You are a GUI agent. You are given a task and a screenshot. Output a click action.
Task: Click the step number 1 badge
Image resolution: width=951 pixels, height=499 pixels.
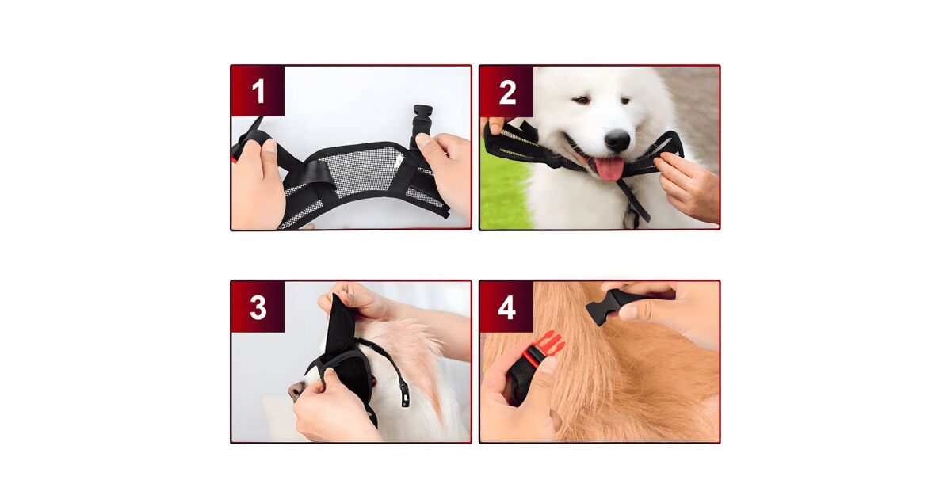pyautogui.click(x=258, y=91)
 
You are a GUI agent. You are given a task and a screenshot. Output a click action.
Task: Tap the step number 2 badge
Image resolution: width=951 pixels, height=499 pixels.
pyautogui.click(x=507, y=91)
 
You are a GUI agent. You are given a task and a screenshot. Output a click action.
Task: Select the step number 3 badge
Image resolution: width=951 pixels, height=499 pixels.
pyautogui.click(x=258, y=307)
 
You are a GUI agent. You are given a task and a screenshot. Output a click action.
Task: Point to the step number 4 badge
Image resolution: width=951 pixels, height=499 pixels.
pyautogui.click(x=506, y=307)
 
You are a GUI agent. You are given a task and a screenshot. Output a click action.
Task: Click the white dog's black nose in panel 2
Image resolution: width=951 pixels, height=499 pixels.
pyautogui.click(x=617, y=140)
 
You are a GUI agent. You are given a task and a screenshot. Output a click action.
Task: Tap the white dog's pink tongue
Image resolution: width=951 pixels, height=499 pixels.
pyautogui.click(x=610, y=168)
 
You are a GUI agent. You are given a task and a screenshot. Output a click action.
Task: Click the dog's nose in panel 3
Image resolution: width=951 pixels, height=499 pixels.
pyautogui.click(x=295, y=390)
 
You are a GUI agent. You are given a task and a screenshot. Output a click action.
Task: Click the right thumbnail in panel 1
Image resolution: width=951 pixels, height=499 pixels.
pyautogui.click(x=423, y=141)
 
